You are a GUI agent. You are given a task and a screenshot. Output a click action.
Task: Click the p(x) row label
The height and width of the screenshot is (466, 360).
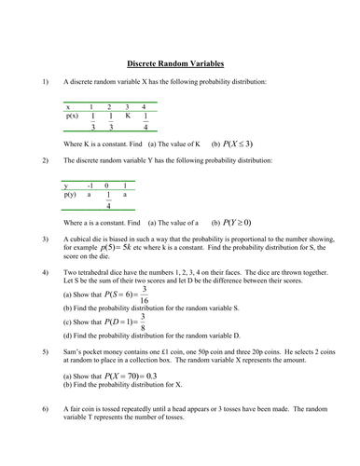coord(73,116)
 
